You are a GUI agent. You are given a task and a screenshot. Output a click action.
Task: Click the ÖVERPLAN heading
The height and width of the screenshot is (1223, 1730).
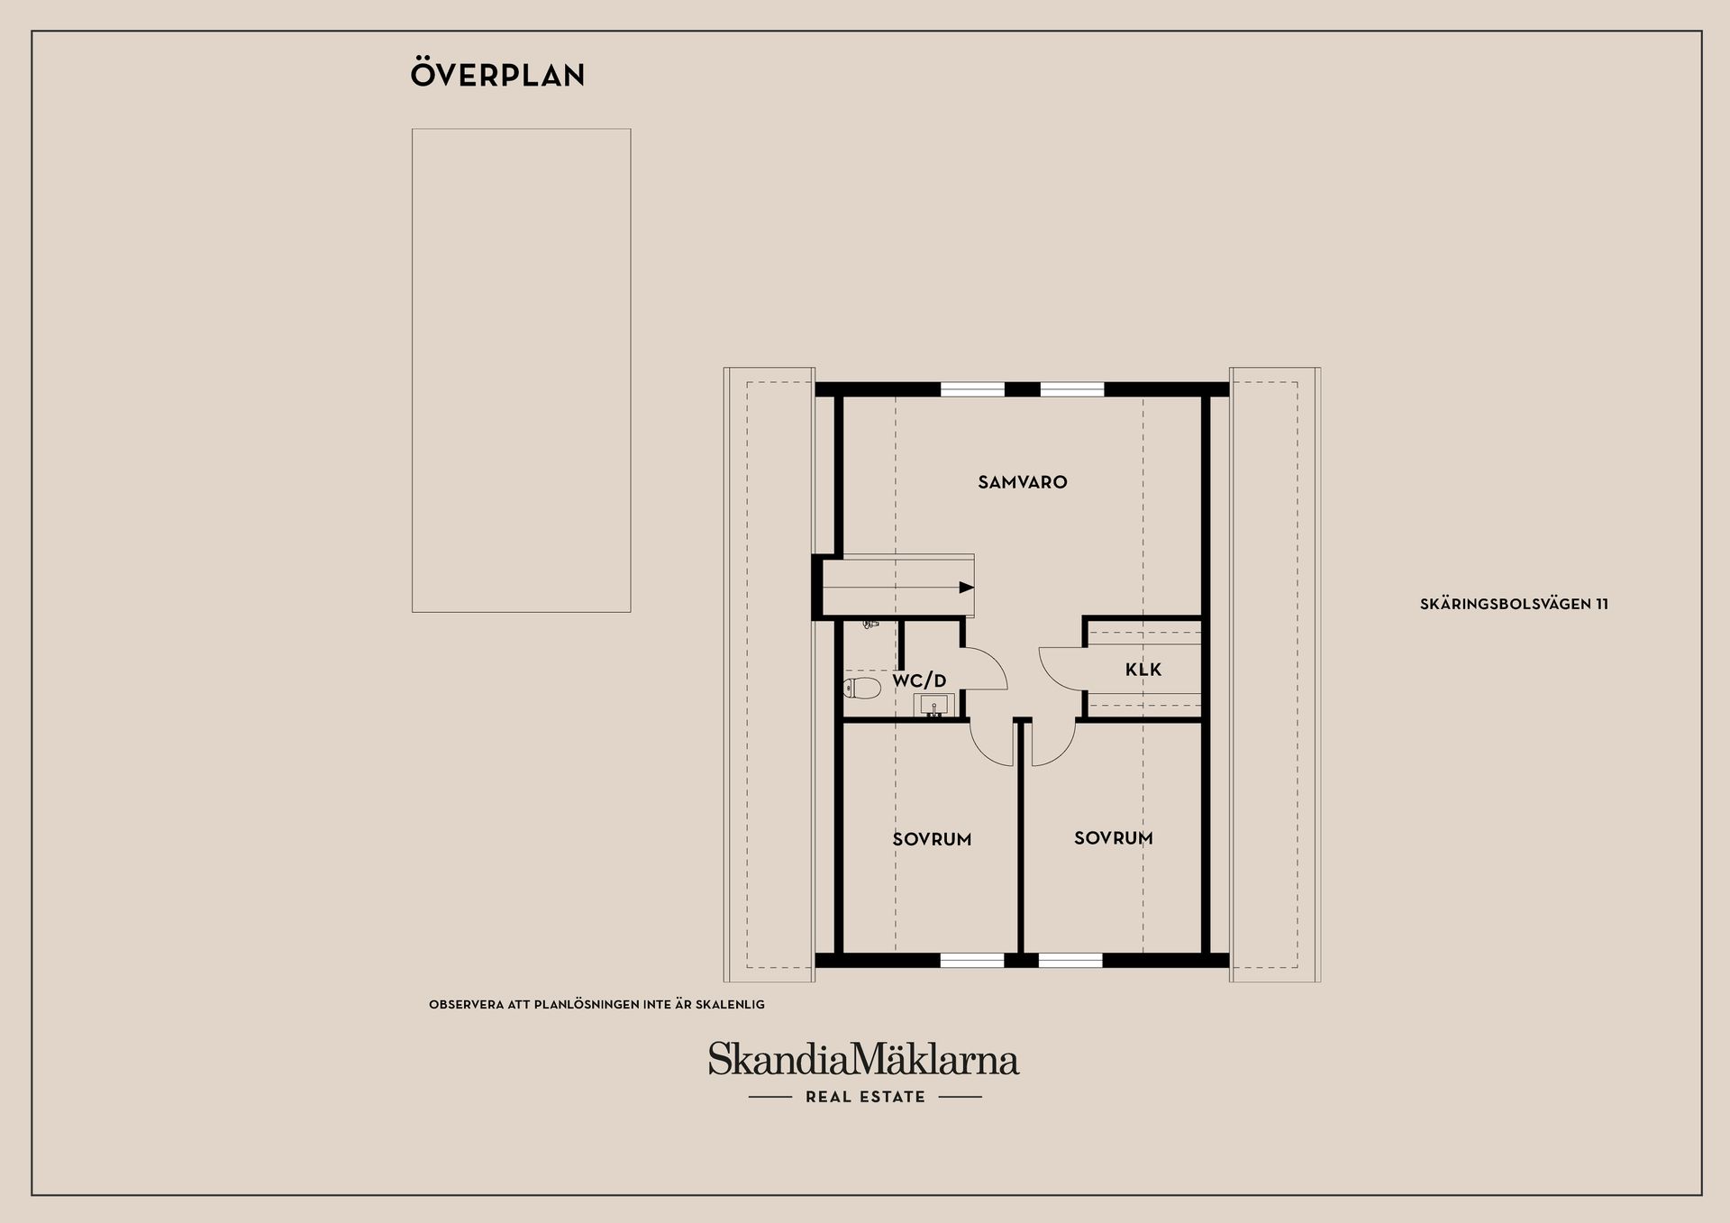(497, 74)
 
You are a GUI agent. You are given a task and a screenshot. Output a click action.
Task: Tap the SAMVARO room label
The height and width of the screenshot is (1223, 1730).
(1023, 482)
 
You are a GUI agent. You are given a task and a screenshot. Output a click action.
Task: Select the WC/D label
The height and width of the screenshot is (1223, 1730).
(919, 681)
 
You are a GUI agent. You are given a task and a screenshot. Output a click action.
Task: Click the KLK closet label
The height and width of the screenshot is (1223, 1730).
(1143, 670)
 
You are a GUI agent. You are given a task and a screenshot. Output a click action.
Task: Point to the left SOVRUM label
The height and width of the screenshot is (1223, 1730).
(932, 839)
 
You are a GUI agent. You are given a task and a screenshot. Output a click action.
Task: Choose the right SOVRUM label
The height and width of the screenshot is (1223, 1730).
(1114, 838)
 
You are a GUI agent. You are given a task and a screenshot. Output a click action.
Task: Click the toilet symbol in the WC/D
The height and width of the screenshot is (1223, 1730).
(862, 689)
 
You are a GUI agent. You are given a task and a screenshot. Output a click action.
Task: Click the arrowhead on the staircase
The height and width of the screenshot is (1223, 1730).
(967, 588)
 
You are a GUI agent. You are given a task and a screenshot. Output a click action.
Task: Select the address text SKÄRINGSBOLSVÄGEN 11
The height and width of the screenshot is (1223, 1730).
(1514, 605)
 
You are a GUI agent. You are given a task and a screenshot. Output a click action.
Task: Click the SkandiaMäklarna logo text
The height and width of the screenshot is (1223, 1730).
(863, 1059)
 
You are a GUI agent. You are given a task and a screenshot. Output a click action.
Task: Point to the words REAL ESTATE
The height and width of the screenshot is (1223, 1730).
(865, 1097)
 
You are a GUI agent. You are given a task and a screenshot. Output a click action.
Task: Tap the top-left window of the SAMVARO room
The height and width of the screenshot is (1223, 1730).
(973, 389)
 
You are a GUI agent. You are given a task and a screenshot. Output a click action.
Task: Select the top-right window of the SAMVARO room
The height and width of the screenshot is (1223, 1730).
(1072, 389)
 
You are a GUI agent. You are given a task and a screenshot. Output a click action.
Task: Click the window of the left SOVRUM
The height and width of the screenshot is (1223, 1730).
(972, 961)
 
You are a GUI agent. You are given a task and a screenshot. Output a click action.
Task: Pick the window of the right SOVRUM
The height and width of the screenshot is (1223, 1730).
(1070, 961)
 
